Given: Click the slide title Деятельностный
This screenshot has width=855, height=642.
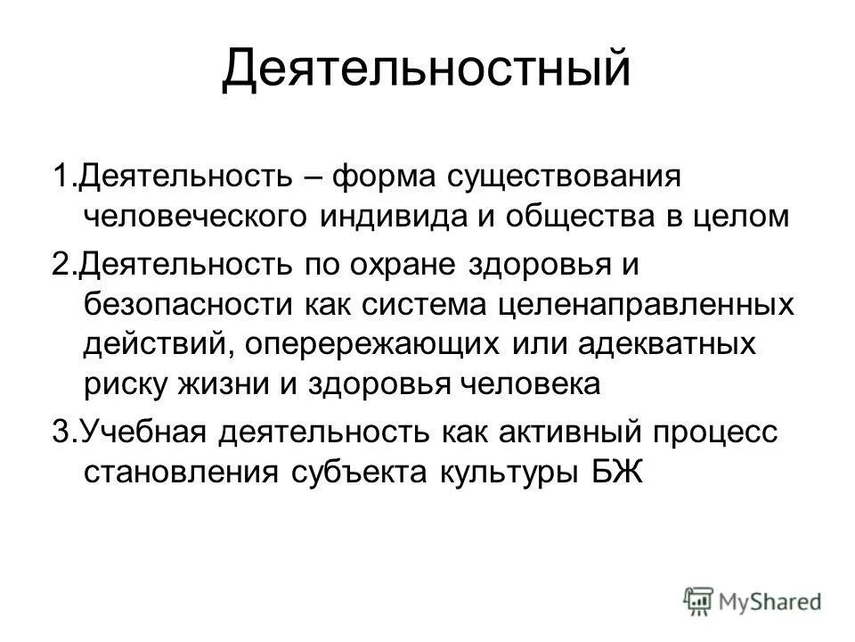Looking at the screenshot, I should pyautogui.click(x=427, y=70).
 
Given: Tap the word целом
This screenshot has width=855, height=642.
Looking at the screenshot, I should pyautogui.click(x=745, y=217).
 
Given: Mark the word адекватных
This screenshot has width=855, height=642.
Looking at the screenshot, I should pyautogui.click(x=677, y=345).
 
